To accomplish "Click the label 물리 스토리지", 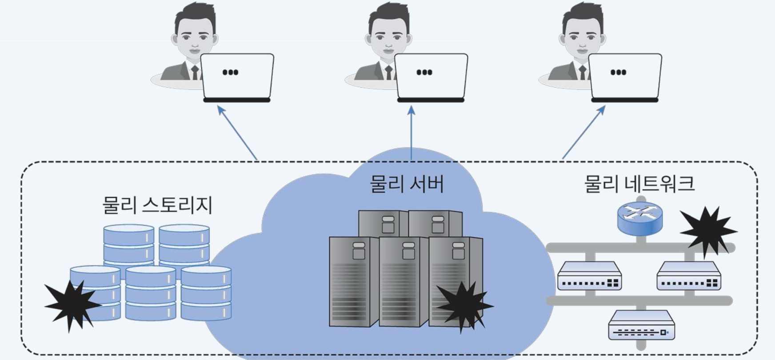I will click(x=157, y=205).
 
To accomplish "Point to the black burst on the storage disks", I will click(x=72, y=304).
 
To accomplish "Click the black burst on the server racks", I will click(x=464, y=306).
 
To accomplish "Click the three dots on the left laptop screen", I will click(x=230, y=72).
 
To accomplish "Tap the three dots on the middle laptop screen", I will click(x=424, y=72).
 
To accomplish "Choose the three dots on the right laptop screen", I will click(x=618, y=72).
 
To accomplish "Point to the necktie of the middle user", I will click(x=389, y=72).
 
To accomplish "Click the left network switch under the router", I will click(x=589, y=276).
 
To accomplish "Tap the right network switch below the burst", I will click(x=689, y=276).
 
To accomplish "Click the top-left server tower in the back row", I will click(x=383, y=224).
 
